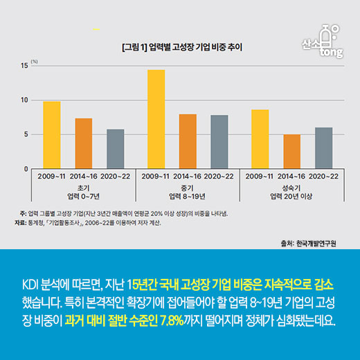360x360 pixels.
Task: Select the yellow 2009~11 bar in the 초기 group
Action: [52, 135]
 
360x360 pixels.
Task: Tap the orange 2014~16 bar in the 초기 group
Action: [84, 143]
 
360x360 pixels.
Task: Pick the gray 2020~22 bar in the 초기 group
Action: [115, 149]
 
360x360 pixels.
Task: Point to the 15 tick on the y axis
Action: [25, 66]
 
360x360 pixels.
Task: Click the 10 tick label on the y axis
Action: [25, 100]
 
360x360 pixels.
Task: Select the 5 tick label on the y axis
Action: [26, 134]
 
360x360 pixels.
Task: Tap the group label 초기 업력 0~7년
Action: [83, 190]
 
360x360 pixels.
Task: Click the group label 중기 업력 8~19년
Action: [187, 190]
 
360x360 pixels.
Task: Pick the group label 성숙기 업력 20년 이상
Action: [291, 190]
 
